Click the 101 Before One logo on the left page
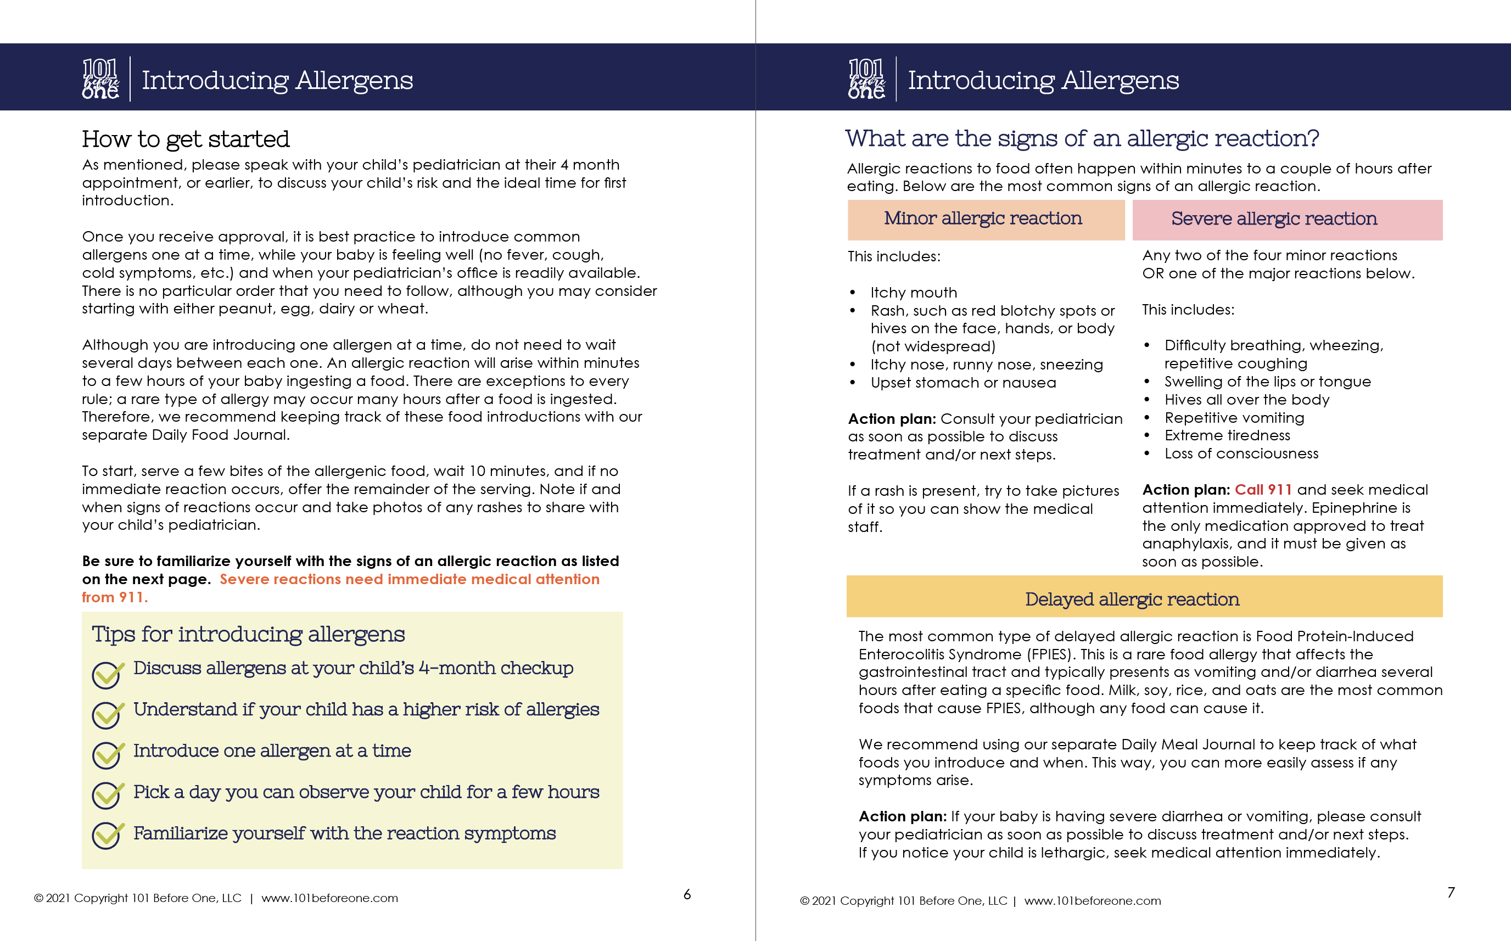100,79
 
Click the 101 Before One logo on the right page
866,79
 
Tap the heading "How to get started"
186,139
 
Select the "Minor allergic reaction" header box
985,219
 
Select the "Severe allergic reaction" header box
1286,220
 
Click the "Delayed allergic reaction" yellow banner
1144,597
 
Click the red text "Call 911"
1263,490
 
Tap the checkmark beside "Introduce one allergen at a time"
107,755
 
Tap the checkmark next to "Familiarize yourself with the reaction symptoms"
107,836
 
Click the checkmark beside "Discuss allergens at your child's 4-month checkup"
107,674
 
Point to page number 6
687,894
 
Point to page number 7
1451,893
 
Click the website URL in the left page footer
329,898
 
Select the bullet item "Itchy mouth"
913,293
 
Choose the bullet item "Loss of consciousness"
1241,453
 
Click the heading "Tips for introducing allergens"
248,634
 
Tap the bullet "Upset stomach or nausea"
962,383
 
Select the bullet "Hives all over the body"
1246,400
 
